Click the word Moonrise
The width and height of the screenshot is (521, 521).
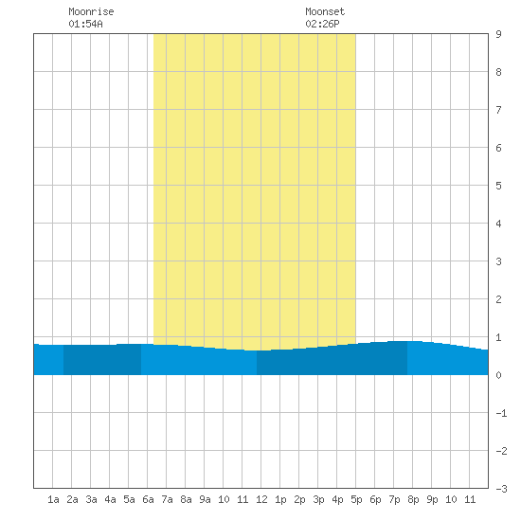[91, 11]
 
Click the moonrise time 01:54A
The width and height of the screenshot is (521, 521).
[85, 24]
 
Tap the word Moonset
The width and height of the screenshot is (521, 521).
[325, 11]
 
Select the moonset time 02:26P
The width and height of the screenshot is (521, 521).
[322, 24]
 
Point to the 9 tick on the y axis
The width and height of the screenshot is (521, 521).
[498, 34]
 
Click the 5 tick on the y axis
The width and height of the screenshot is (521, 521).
[498, 186]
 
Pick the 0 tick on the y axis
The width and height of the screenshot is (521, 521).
[498, 375]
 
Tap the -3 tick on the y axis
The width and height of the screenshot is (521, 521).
[501, 489]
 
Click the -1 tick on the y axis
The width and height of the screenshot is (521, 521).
[501, 413]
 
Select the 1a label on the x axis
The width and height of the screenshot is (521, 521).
[53, 499]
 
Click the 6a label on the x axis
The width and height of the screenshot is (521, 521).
[148, 499]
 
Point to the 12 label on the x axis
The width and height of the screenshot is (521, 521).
[261, 499]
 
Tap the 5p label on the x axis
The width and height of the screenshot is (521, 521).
[356, 499]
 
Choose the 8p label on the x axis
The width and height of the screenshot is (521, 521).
[413, 499]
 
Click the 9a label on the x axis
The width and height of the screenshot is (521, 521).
[205, 499]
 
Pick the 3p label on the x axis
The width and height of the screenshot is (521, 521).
[318, 499]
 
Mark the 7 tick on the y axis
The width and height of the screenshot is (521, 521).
[498, 110]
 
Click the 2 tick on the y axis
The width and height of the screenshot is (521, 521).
[498, 299]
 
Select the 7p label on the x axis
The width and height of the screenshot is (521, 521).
[394, 499]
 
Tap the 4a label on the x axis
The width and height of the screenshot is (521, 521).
[110, 499]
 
